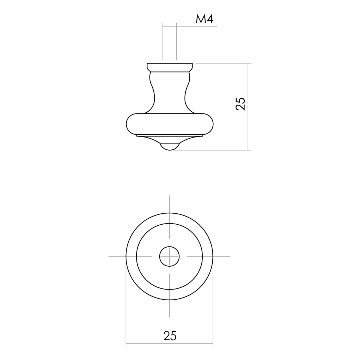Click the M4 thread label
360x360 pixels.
click(204, 19)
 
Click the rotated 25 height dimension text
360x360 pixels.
click(241, 104)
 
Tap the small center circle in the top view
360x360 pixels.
click(169, 256)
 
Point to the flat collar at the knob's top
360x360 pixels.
click(169, 67)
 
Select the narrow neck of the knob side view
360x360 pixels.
click(169, 92)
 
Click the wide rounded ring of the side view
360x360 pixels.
click(169, 124)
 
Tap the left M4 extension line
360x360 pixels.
click(163, 41)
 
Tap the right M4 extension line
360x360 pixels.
click(176, 41)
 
